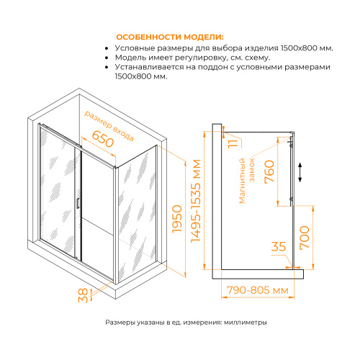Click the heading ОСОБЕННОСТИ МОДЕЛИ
pyautogui.click(x=171, y=37)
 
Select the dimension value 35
pyautogui.click(x=279, y=248)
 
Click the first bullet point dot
pyautogui.click(x=107, y=48)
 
